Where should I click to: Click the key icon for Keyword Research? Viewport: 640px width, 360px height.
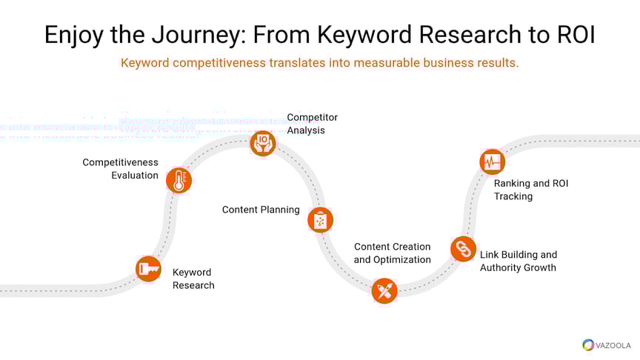click(x=148, y=269)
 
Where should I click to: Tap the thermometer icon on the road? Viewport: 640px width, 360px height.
click(x=179, y=180)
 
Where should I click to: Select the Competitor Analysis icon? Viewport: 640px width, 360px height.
click(x=262, y=142)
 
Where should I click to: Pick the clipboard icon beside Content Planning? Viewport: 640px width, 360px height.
click(x=320, y=219)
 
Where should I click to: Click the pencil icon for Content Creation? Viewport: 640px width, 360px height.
click(x=384, y=290)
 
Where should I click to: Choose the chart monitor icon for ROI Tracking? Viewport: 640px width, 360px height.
click(x=492, y=161)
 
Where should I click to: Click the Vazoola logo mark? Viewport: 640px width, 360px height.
click(x=588, y=344)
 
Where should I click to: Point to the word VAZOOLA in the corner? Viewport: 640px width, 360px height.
click(x=613, y=344)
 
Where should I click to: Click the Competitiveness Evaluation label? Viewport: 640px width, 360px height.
click(x=120, y=169)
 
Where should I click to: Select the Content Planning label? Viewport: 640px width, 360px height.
click(x=261, y=210)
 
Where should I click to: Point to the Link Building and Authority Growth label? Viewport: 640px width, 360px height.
click(x=519, y=261)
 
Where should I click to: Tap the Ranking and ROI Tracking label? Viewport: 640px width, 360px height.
click(x=531, y=190)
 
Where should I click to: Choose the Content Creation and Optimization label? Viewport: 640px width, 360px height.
click(x=392, y=253)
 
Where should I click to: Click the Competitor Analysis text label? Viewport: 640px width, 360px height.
click(x=312, y=124)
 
